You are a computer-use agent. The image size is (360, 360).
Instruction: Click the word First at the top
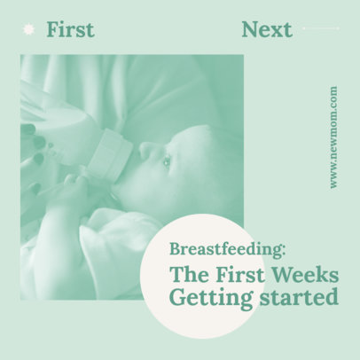[x=70, y=29]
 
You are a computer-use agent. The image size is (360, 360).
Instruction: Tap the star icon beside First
[x=29, y=29]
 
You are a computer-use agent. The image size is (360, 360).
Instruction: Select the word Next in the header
[x=266, y=29]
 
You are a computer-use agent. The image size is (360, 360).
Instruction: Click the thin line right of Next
[x=320, y=29]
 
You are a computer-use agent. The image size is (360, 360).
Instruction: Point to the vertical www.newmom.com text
[x=333, y=137]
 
